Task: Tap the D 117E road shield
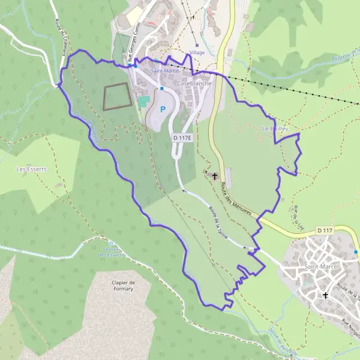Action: (181, 138)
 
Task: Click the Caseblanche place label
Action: (194, 83)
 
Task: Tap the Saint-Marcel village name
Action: (322, 266)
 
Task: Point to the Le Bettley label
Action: (275, 129)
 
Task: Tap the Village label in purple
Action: (196, 53)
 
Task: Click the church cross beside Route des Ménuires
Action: (214, 176)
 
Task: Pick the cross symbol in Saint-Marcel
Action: (326, 295)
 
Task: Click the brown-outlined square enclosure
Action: (117, 97)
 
